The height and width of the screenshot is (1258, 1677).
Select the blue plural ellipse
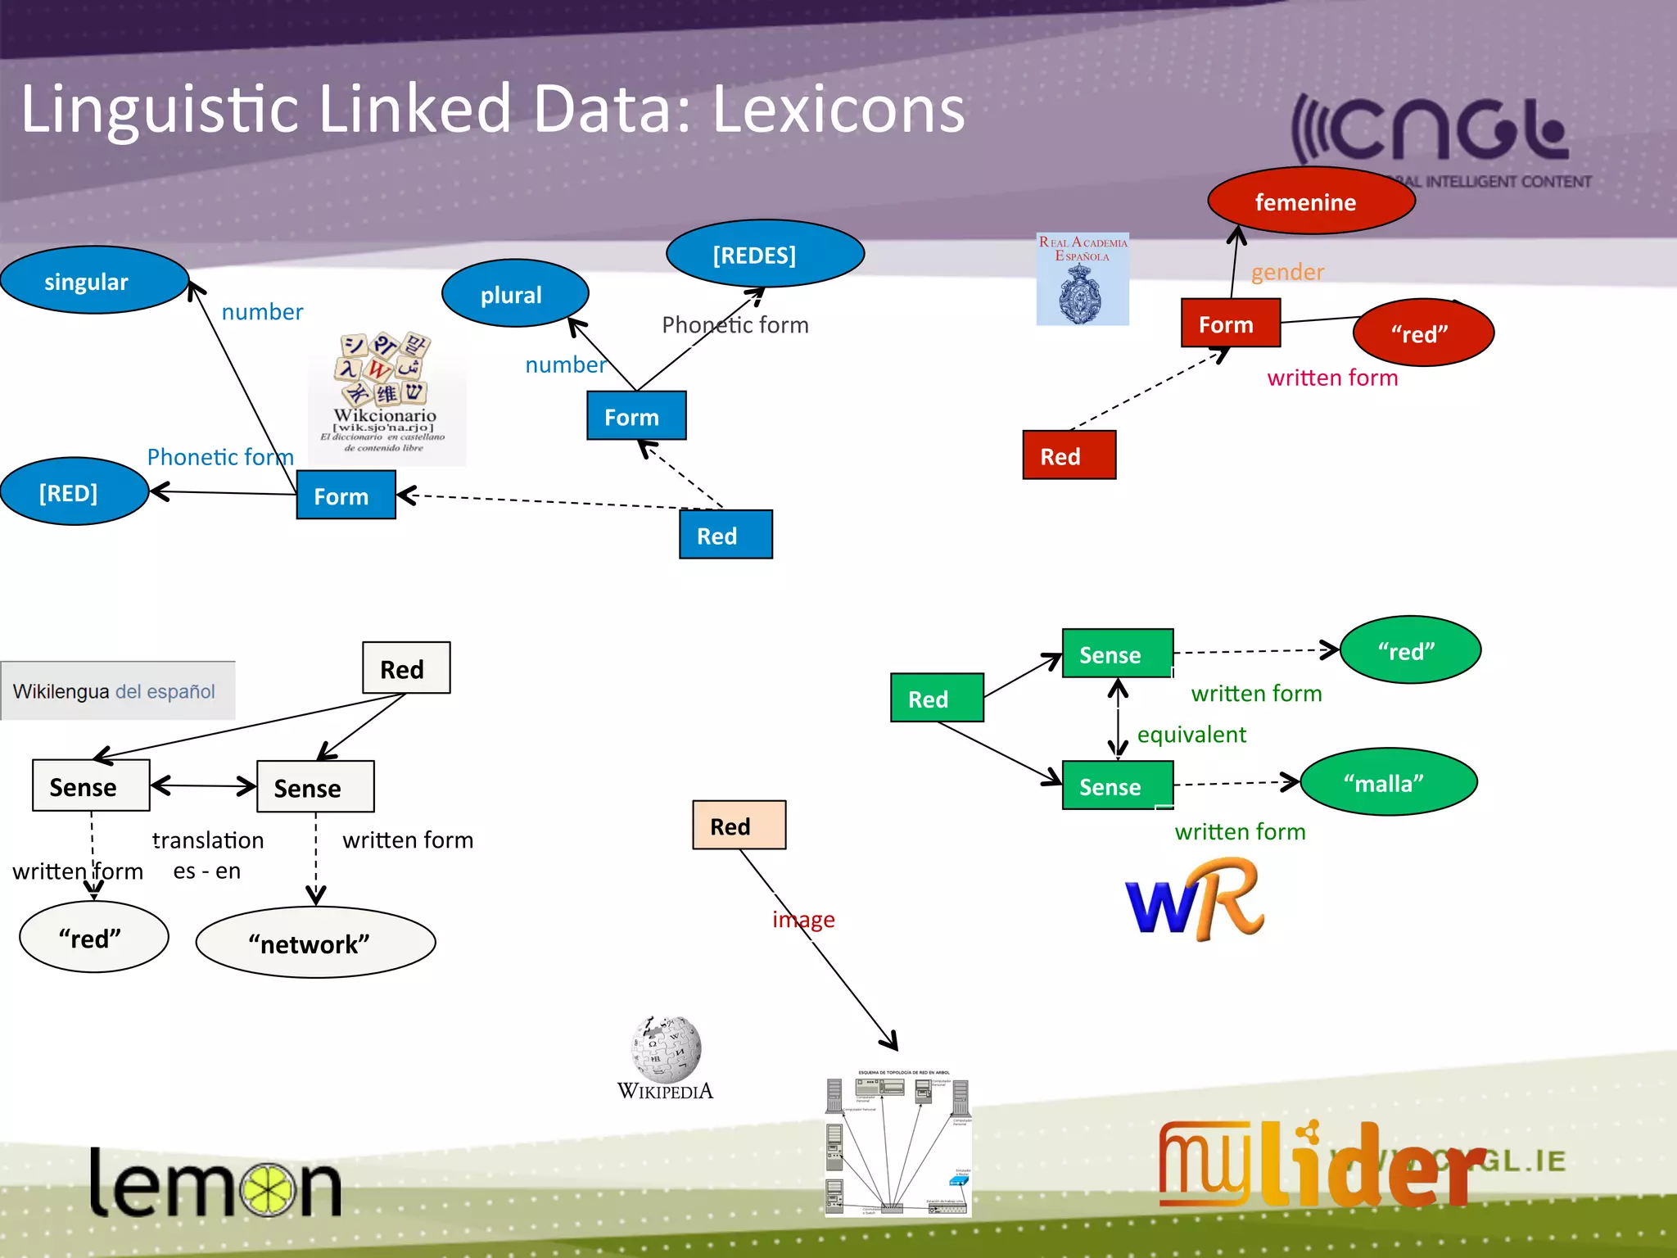click(x=514, y=293)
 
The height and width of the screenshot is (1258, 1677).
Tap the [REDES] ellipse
click(x=765, y=254)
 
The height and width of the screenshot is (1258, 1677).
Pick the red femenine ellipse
click(x=1310, y=201)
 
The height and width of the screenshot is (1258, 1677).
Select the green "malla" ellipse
click(x=1388, y=782)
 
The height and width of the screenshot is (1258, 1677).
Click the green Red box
click(x=936, y=698)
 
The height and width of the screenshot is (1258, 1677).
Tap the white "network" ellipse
click(x=315, y=943)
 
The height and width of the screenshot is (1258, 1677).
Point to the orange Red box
click(x=739, y=826)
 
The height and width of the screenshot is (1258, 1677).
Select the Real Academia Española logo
click(x=1083, y=279)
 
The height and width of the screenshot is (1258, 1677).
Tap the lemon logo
click(x=215, y=1183)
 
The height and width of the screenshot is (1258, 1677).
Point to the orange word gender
click(x=1287, y=272)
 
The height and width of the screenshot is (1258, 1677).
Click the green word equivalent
click(x=1191, y=735)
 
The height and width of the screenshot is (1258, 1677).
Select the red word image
click(x=803, y=919)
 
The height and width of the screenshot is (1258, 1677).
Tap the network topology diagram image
click(x=898, y=1143)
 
